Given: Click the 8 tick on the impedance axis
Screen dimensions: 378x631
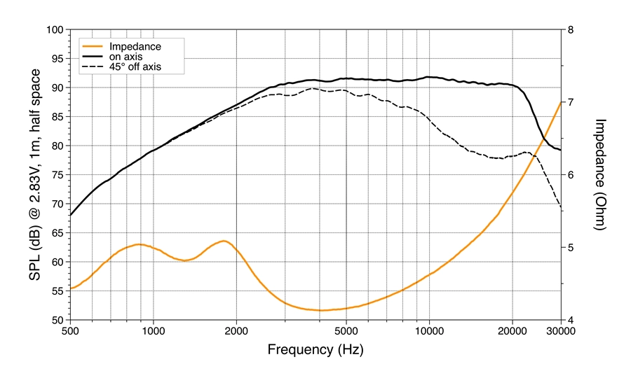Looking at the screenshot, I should pyautogui.click(x=571, y=30).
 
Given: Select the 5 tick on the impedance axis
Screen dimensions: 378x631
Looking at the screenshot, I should pyautogui.click(x=571, y=248).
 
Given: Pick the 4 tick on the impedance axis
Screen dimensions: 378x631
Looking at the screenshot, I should pyautogui.click(x=571, y=320).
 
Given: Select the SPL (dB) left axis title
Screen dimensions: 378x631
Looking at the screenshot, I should pyautogui.click(x=34, y=175).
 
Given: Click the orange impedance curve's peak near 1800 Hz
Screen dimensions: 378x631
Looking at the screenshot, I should pyautogui.click(x=224, y=241).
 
